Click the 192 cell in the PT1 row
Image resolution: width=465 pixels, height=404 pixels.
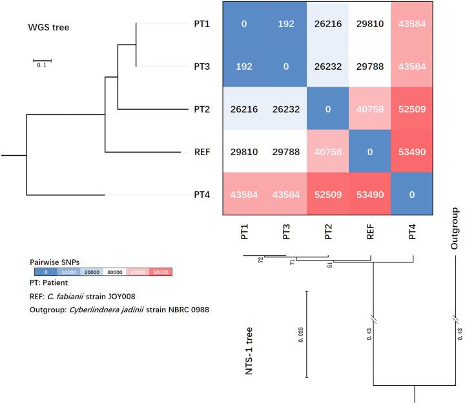pos(286,23)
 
